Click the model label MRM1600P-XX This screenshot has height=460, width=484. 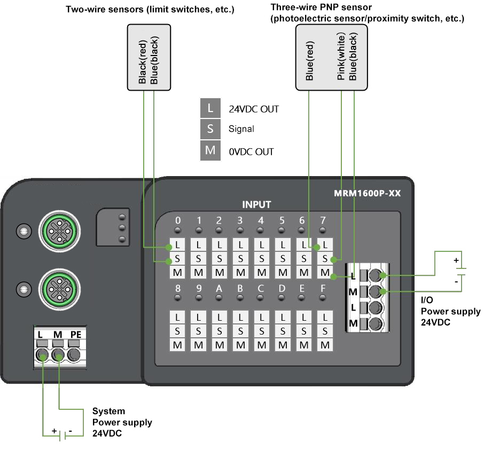363,193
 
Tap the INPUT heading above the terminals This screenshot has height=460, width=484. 256,204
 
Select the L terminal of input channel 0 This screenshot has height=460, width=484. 178,246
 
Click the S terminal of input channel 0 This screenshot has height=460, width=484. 178,259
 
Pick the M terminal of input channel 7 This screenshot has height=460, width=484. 324,273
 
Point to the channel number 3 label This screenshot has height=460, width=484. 240,220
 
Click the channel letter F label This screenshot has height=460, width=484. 323,289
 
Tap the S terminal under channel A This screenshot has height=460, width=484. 219,331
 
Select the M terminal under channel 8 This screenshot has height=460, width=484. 178,345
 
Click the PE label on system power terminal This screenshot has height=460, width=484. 76,335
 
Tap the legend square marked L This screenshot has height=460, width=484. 210,108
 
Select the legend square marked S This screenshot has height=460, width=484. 210,129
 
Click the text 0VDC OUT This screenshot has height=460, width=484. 251,152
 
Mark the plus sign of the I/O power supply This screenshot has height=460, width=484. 456,260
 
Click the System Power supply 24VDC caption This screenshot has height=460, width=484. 122,422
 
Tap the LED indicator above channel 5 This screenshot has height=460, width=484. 282,231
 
